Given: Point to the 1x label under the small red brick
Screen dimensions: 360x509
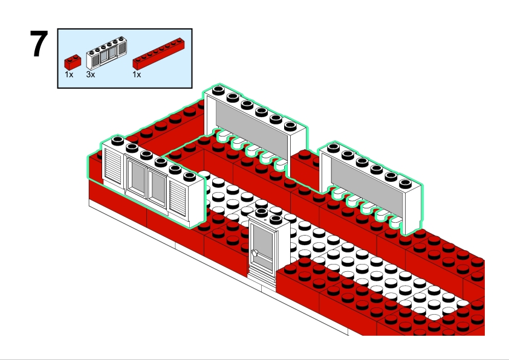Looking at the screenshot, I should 69,75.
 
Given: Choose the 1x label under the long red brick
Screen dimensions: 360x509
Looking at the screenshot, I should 137,75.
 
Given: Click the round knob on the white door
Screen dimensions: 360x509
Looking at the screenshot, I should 256,251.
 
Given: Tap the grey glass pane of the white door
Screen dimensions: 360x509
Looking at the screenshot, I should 264,242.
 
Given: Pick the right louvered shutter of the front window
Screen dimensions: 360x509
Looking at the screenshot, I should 179,197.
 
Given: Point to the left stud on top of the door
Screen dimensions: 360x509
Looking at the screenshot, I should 262,213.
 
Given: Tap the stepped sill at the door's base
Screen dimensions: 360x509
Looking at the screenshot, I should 261,277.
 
